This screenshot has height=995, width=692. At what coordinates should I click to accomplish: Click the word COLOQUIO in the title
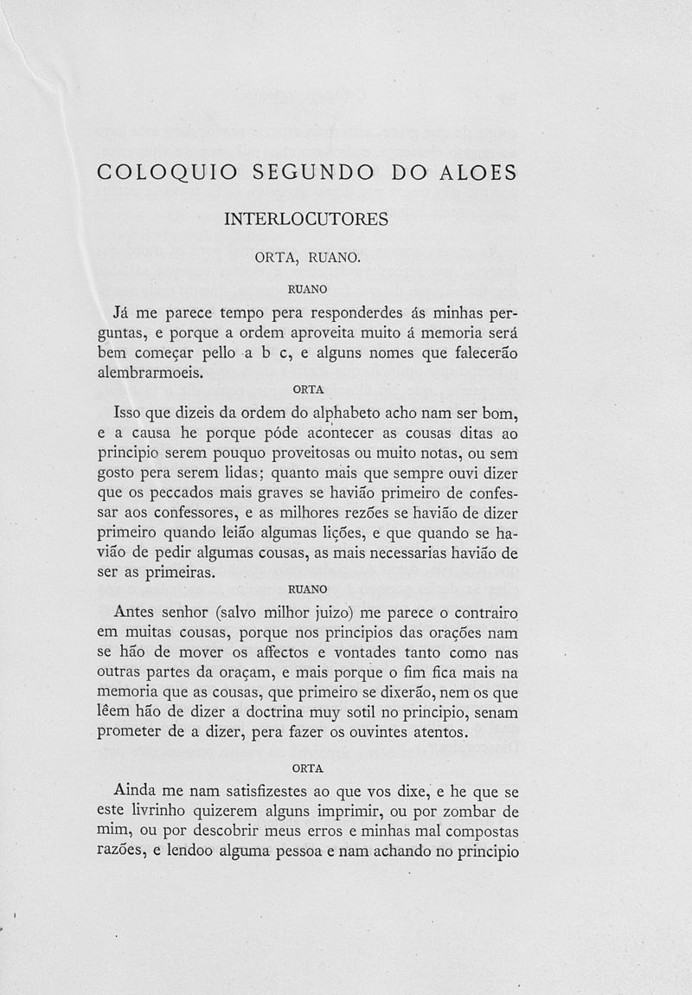click(x=163, y=172)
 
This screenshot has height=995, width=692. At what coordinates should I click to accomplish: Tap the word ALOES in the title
click(x=477, y=172)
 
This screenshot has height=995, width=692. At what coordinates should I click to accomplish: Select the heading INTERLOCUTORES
click(x=306, y=219)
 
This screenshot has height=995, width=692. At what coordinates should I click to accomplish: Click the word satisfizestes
click(x=270, y=792)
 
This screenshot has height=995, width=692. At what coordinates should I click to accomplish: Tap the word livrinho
click(x=170, y=811)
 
